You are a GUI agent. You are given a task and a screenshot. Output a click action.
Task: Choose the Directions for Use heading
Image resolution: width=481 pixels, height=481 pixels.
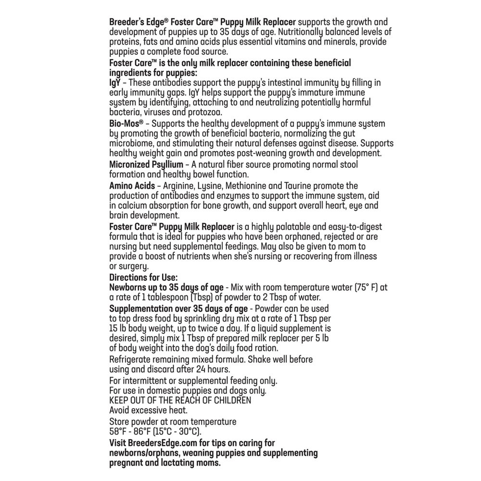144,278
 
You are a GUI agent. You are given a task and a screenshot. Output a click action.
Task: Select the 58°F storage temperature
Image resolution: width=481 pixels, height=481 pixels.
120,431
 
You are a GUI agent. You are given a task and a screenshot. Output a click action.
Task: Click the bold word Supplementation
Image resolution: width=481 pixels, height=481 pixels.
142,308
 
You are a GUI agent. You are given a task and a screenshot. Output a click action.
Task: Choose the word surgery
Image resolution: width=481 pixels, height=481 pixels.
137,266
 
